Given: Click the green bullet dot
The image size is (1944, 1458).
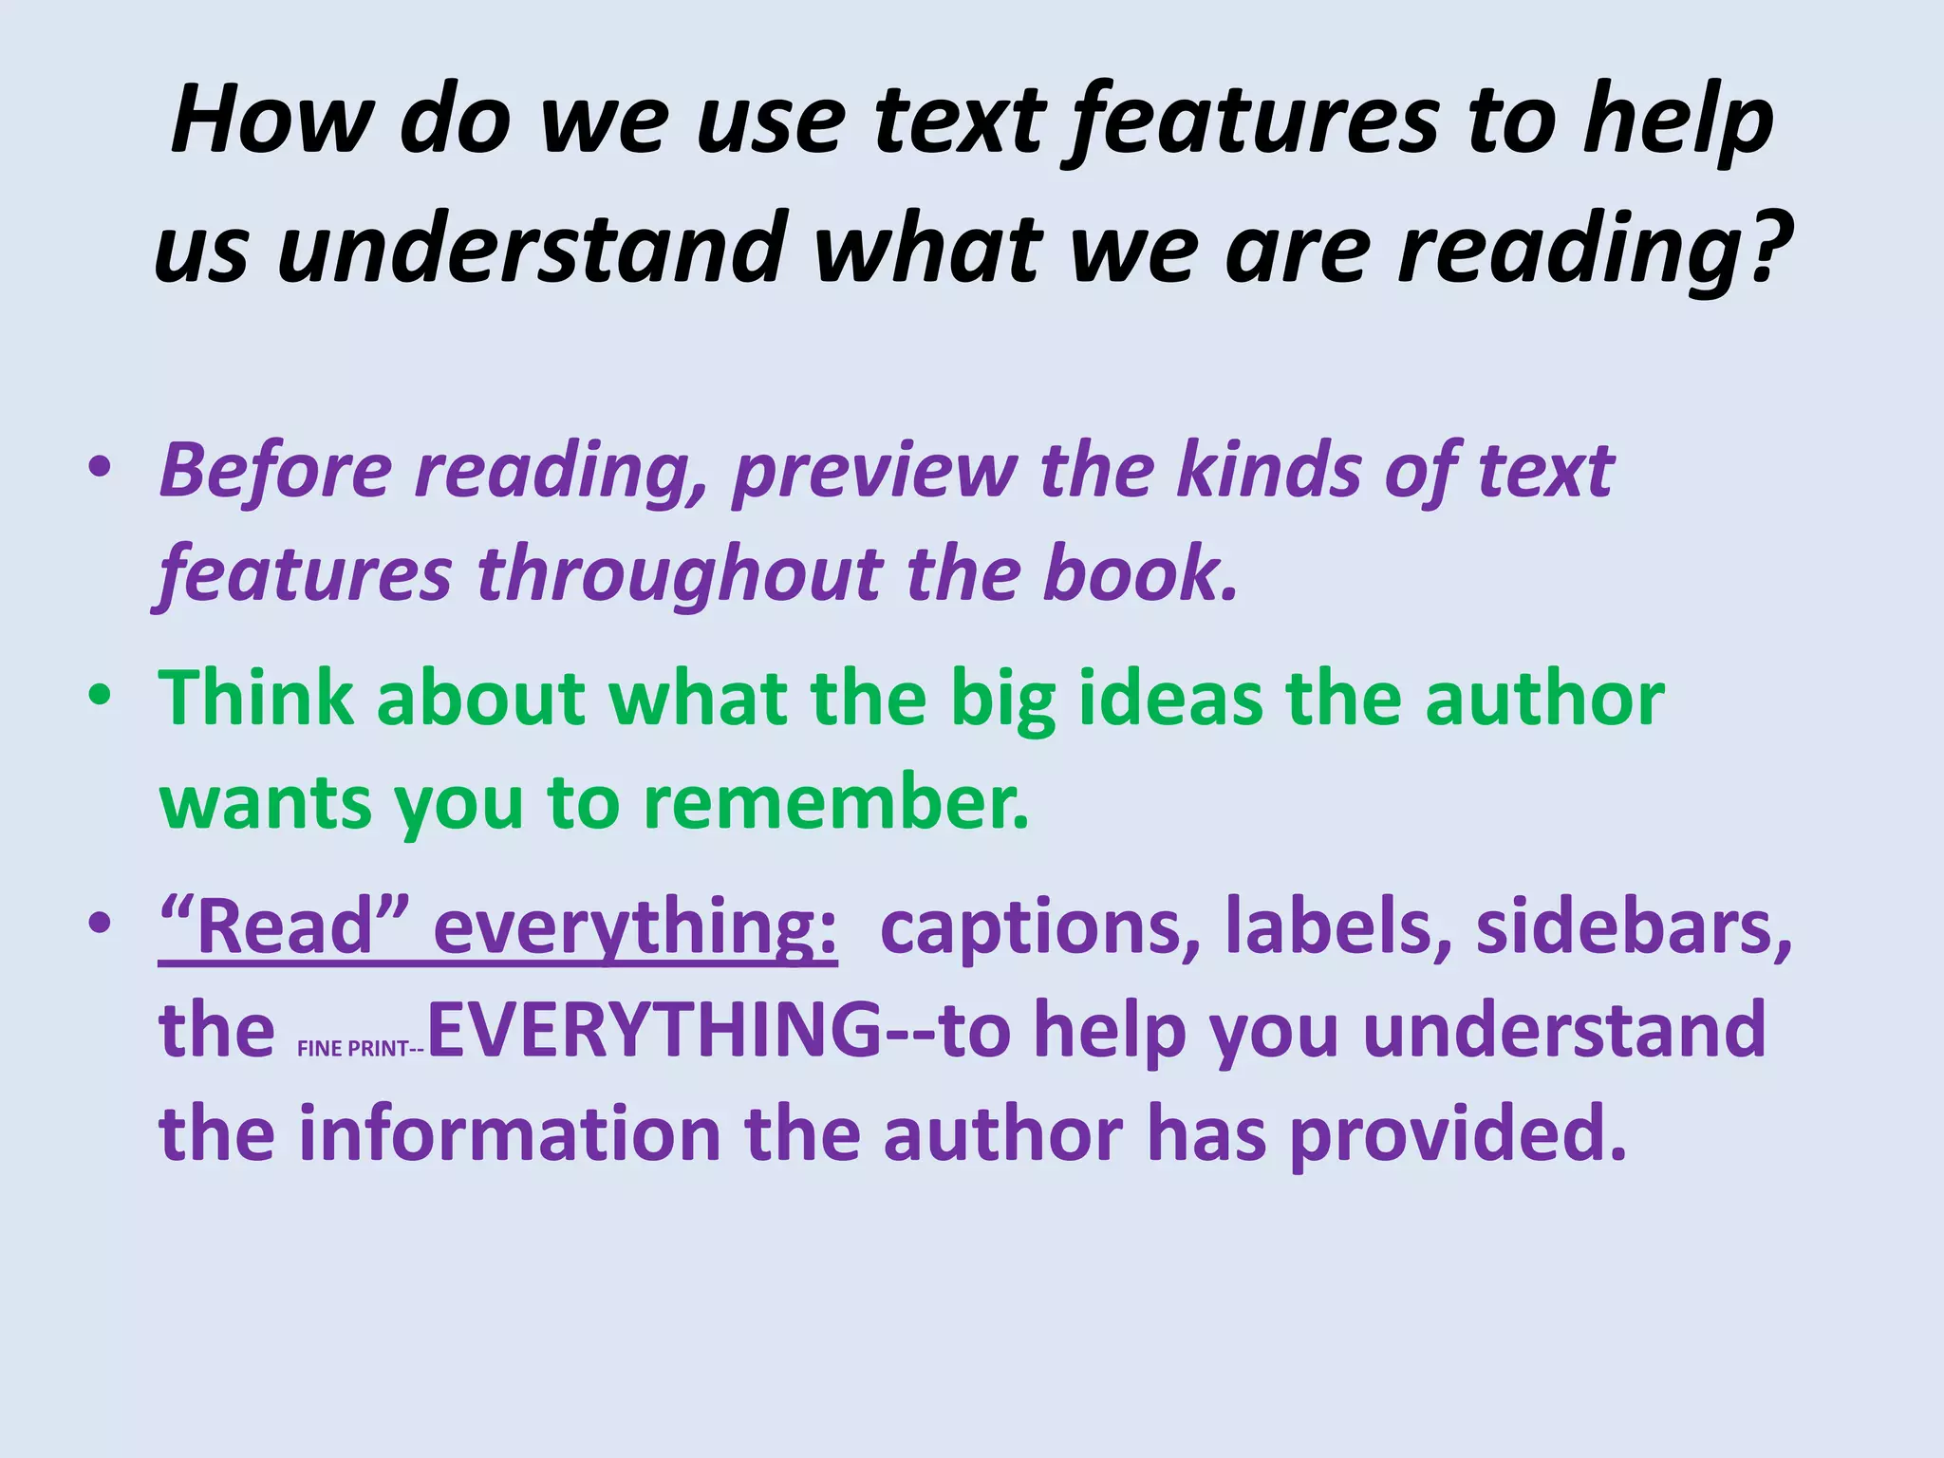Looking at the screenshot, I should (x=99, y=697).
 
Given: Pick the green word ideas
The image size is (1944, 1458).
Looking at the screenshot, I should (x=1170, y=699).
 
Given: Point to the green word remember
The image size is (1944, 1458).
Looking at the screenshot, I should (x=835, y=803).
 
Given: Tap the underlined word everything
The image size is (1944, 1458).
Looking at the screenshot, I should (x=635, y=928).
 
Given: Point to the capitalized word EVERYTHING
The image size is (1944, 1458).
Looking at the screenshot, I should (x=655, y=1031).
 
